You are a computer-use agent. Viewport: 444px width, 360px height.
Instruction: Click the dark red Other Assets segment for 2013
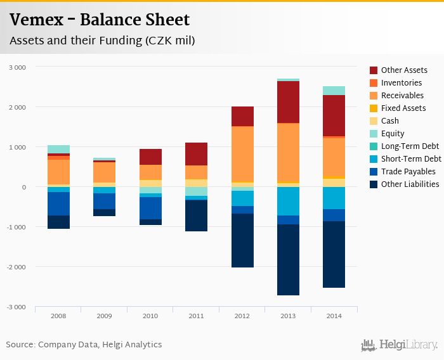[x=289, y=102]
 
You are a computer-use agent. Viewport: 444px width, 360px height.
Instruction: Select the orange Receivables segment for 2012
[x=242, y=154]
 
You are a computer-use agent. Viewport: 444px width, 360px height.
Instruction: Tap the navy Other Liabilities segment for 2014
[x=334, y=254]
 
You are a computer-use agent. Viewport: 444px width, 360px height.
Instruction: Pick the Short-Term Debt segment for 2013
[x=289, y=201]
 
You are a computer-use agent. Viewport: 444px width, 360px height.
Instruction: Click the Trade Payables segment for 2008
[x=58, y=203]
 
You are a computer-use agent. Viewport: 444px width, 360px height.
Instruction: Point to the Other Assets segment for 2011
[x=196, y=154]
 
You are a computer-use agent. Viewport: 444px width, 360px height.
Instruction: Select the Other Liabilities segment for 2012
[x=242, y=240]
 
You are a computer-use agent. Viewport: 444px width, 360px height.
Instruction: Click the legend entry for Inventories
[x=402, y=83]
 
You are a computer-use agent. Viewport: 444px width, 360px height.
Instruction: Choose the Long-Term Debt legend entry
[x=409, y=146]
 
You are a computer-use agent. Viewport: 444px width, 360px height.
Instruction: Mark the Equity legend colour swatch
[x=374, y=134]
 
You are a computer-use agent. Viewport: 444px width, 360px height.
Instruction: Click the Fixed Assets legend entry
[x=403, y=108]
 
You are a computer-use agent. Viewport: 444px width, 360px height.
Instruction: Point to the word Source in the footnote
[x=20, y=345]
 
